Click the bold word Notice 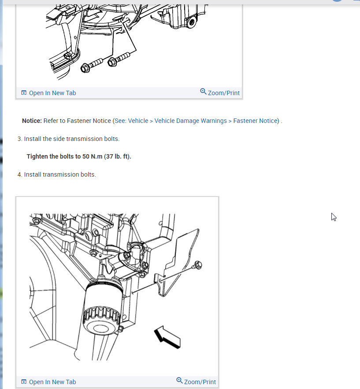pyautogui.click(x=32, y=121)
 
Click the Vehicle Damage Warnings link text pyautogui.click(x=190, y=121)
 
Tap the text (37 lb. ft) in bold pyautogui.click(x=117, y=156)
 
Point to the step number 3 pyautogui.click(x=19, y=139)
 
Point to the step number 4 pyautogui.click(x=19, y=174)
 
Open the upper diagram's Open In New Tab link pyautogui.click(x=52, y=93)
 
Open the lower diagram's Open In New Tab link pyautogui.click(x=52, y=382)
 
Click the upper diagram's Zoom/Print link pyautogui.click(x=223, y=93)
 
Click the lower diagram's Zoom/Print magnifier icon pyautogui.click(x=179, y=381)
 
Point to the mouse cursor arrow pyautogui.click(x=334, y=216)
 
